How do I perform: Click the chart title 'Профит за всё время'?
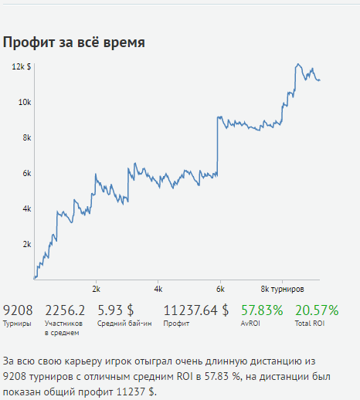coord(73,42)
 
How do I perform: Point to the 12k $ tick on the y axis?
coord(21,67)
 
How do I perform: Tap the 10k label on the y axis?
coord(25,102)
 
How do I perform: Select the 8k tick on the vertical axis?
coord(26,137)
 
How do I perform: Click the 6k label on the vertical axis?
coord(26,173)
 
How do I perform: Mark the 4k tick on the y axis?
coord(26,208)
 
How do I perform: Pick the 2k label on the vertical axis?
coord(26,244)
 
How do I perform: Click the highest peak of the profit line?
coord(298,64)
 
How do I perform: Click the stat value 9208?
coord(19,310)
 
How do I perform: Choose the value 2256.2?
coord(65,310)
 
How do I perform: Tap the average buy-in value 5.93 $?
coord(115,310)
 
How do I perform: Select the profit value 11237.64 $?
coord(195,310)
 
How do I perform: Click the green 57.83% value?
coord(262,310)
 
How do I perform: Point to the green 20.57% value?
coord(317,310)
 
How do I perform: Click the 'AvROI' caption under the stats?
coord(251,324)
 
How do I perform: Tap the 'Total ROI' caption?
coord(309,324)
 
